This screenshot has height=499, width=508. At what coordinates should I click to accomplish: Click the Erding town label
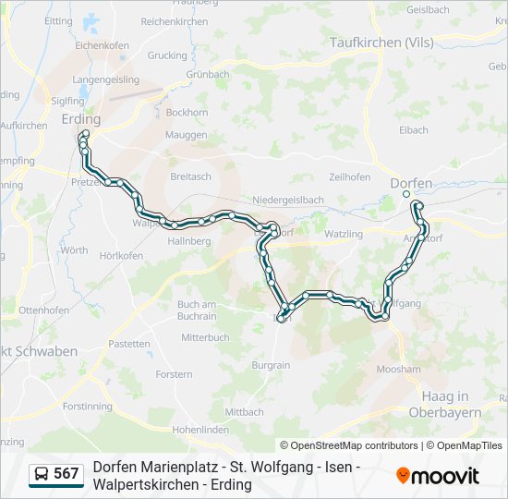click(80, 118)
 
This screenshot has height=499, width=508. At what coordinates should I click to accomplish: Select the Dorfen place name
click(411, 183)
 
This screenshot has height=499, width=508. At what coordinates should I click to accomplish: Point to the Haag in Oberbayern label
click(445, 404)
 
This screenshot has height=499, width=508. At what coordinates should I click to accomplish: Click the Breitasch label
click(190, 176)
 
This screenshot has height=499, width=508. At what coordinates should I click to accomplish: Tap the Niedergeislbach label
click(288, 199)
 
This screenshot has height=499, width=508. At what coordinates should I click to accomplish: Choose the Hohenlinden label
click(200, 430)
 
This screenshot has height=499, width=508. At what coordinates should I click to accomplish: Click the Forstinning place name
click(88, 407)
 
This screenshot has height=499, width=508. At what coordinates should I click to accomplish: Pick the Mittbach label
click(244, 412)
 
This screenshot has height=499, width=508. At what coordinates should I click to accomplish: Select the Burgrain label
click(271, 365)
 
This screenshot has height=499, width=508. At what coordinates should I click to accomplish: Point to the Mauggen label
click(186, 135)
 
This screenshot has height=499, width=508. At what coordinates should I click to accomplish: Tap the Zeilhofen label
click(349, 177)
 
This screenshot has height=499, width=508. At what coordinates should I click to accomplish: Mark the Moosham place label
click(399, 369)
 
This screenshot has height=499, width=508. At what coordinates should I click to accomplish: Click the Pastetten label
click(128, 344)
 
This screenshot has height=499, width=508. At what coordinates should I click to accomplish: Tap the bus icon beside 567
click(42, 475)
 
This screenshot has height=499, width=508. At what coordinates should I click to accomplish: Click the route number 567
click(67, 474)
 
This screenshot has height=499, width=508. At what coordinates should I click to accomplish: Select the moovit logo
click(438, 476)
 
